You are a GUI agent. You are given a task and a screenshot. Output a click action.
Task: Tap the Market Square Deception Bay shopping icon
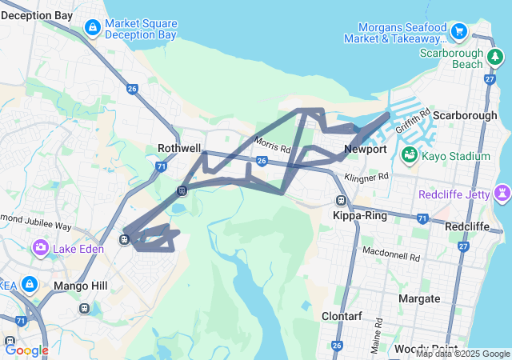point(93,28)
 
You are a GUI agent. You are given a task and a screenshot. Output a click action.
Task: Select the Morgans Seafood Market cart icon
point(459,32)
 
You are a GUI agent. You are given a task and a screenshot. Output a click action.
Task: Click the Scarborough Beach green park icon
point(496,58)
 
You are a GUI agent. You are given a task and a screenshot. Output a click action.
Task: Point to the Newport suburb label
point(366,150)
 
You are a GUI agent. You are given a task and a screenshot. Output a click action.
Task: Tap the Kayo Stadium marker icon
point(409,154)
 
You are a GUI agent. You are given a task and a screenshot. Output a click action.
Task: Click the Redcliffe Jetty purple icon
point(502,193)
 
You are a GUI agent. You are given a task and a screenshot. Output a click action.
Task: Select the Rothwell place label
point(179,148)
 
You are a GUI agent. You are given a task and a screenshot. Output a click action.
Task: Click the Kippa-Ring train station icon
point(342,201)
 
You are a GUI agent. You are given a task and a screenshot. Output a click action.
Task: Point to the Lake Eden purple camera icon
point(40,248)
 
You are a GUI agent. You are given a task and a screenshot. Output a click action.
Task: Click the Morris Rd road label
point(273,145)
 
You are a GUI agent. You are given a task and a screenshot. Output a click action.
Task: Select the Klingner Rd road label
point(366,176)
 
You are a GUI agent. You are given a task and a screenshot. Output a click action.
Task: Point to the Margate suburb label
point(419,298)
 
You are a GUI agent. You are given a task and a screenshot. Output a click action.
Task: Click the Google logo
point(26,350)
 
